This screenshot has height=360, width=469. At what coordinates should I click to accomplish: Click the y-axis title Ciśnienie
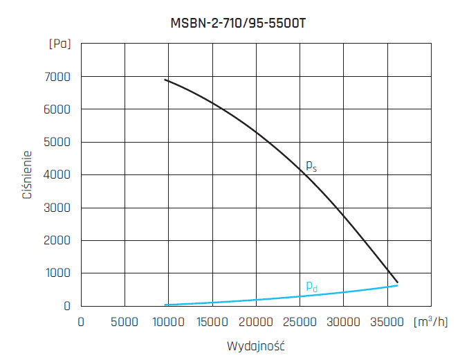pos(28,174)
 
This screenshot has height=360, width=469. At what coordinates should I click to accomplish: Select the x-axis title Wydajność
pos(256,345)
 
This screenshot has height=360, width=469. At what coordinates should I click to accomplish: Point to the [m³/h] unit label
pos(431,321)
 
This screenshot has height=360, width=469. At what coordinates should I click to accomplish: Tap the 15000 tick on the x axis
pos(212,322)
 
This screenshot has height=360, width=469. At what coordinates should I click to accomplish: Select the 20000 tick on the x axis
pos(256,322)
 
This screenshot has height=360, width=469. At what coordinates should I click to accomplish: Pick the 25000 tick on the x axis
pos(300,322)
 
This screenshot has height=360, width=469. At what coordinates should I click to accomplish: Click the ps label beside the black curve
pos(311,166)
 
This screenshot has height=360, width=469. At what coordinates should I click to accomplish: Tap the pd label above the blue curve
pos(312,286)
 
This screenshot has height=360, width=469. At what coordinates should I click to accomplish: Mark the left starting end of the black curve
pos(165,80)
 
